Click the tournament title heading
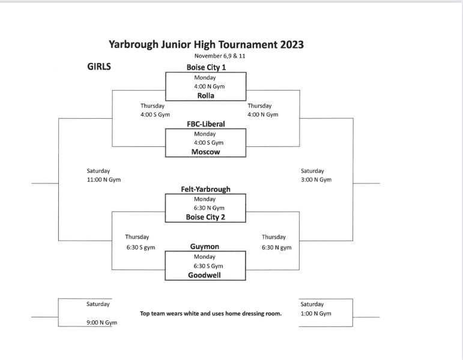pos(206,44)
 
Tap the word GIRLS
pos(99,67)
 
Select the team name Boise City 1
pos(205,68)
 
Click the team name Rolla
pos(205,95)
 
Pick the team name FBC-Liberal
pos(205,124)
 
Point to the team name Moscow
pos(205,152)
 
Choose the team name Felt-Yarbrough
pos(205,189)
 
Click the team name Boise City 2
pos(205,217)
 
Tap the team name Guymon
pos(205,246)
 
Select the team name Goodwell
pos(205,275)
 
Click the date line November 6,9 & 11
pos(206,56)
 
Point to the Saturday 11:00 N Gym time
pos(104,175)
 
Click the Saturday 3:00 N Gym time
pos(316,175)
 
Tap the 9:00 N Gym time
pos(101,323)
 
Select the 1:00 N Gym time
pos(316,313)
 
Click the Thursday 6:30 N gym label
pos(276,242)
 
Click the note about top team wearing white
pos(211,313)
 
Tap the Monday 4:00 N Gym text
pos(205,82)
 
